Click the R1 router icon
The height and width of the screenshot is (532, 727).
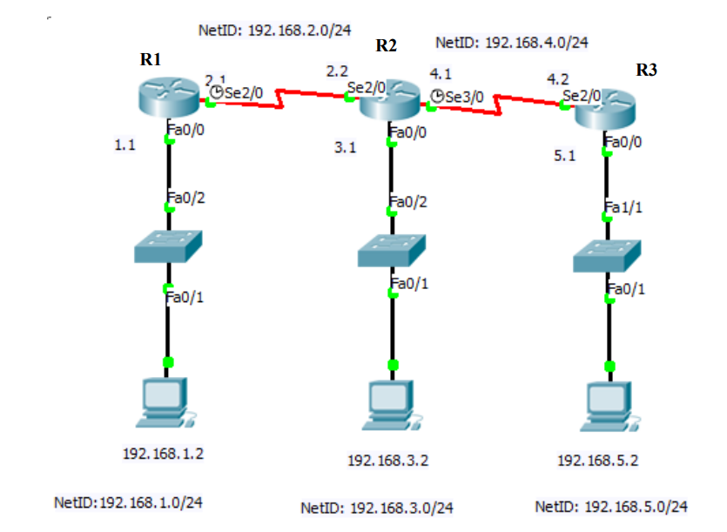coord(169,97)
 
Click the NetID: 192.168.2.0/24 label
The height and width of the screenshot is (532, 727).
coord(275,30)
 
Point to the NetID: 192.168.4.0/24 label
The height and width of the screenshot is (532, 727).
coord(512,41)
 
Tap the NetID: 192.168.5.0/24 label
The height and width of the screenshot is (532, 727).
coord(611,506)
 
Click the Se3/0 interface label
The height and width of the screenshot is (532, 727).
coord(464,97)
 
